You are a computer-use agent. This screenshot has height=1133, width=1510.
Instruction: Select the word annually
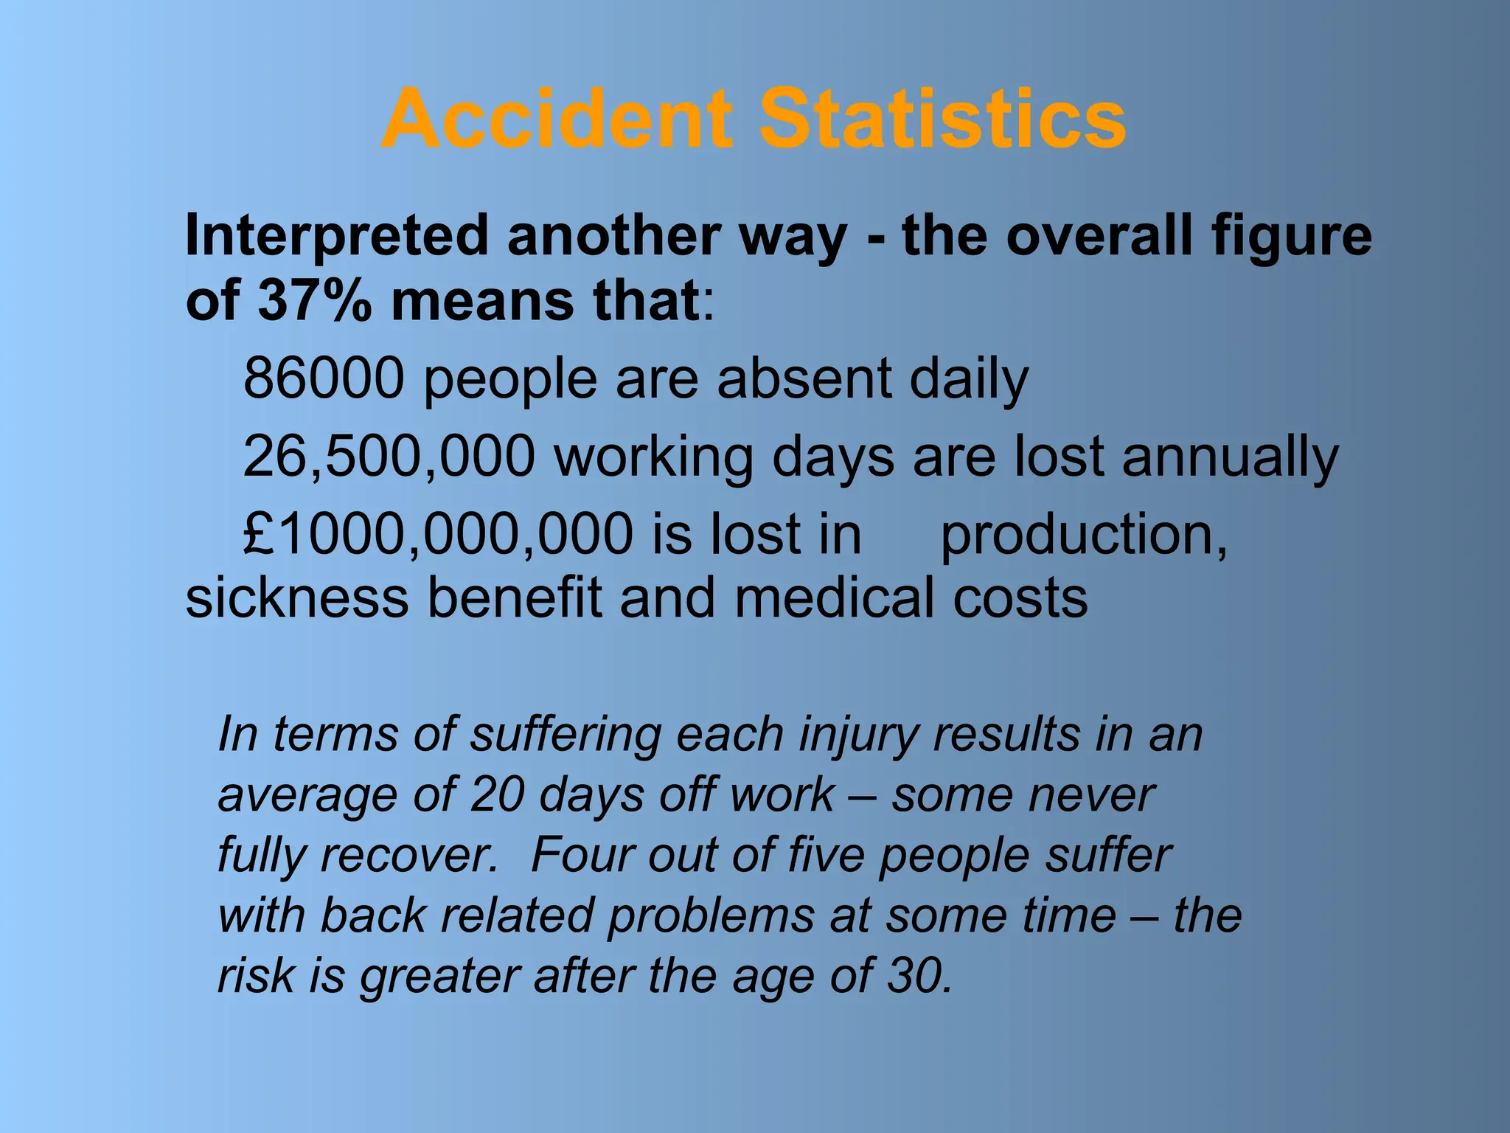point(1230,457)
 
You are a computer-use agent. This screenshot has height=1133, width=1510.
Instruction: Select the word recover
point(409,856)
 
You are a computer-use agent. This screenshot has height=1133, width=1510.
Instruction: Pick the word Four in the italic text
point(580,856)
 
